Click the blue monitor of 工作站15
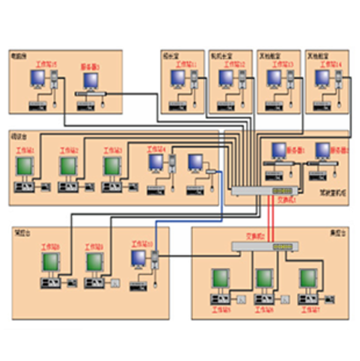[x=37, y=79]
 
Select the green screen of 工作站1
[x=24, y=166]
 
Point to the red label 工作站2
[x=69, y=150]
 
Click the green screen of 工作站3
[x=112, y=166]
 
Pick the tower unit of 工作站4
[x=172, y=162]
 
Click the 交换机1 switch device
[x=265, y=191]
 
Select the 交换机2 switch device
[x=265, y=246]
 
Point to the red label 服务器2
[x=337, y=148]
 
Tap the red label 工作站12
[x=234, y=65]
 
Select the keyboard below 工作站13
[x=275, y=106]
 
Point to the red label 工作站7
[x=310, y=310]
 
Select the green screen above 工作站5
[x=221, y=278]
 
